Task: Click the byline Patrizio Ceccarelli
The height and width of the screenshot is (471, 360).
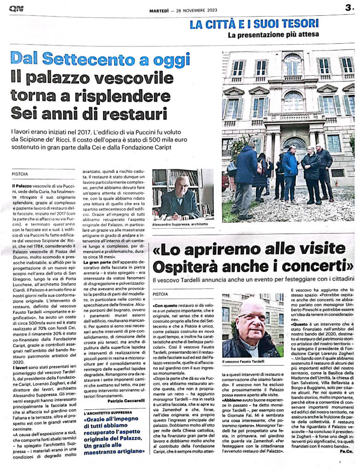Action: [x=126, y=402]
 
